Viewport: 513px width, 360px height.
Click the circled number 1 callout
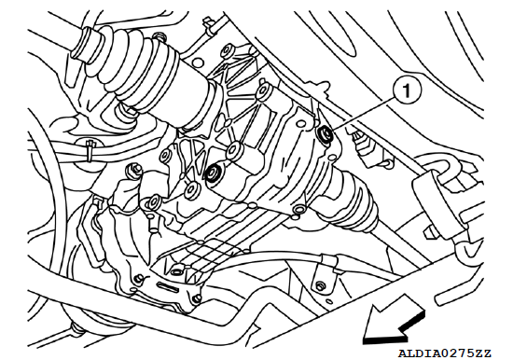pos(407,90)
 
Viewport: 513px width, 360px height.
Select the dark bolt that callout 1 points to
pos(326,133)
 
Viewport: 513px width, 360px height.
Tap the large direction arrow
pos(394,321)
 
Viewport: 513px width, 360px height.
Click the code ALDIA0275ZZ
pos(444,353)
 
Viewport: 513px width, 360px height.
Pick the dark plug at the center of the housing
pos(213,172)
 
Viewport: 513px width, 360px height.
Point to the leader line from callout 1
pos(363,113)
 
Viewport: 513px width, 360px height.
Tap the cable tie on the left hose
pos(90,150)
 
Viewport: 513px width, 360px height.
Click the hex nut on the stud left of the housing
pos(135,170)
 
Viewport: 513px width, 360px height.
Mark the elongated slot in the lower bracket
pos(167,287)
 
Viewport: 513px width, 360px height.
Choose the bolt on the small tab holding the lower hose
pos(319,286)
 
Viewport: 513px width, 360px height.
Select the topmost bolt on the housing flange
pos(227,49)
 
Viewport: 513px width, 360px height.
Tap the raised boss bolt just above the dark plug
pos(234,149)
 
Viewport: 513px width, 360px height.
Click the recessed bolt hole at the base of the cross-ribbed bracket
pos(176,271)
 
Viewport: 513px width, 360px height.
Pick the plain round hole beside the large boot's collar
pos(198,62)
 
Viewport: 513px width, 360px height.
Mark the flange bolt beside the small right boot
pos(298,210)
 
